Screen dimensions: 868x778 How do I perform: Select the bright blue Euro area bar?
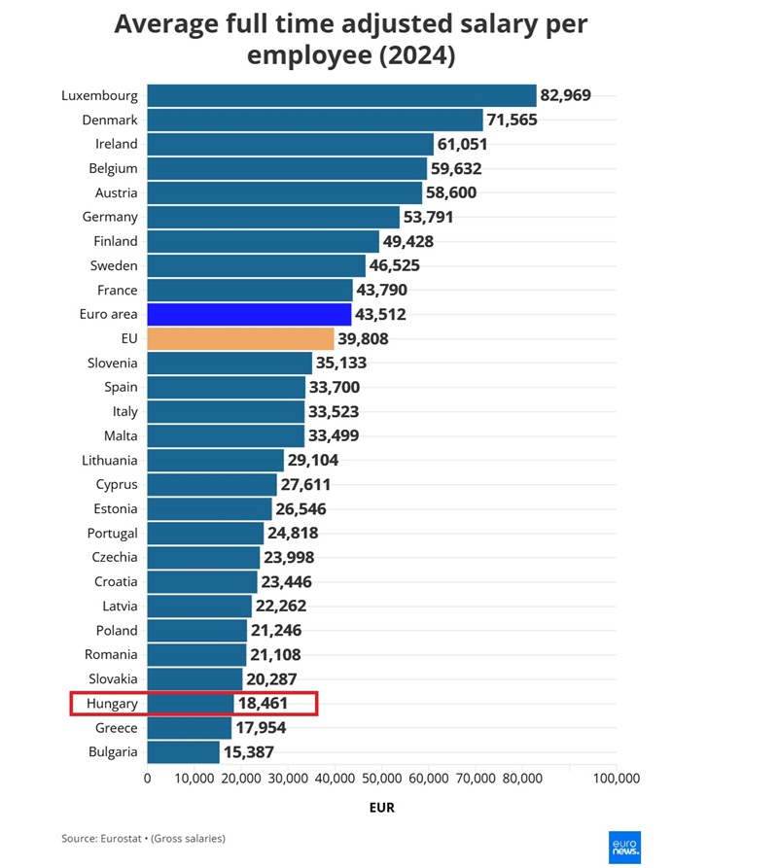[249, 314]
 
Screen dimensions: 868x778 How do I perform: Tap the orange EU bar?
[240, 338]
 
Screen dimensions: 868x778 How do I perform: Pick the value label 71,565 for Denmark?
[513, 120]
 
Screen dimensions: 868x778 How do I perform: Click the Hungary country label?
[112, 703]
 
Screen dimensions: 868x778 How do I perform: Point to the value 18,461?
[263, 703]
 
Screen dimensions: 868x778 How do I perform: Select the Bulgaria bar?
[183, 752]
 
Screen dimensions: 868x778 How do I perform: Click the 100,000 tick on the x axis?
[617, 779]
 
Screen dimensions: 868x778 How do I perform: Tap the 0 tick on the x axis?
[147, 779]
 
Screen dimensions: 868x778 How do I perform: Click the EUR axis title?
[381, 808]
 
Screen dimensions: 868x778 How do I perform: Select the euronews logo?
[623, 847]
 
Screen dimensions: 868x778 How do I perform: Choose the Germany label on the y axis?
[110, 217]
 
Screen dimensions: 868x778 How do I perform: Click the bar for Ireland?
[290, 144]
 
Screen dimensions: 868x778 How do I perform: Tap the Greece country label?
[116, 728]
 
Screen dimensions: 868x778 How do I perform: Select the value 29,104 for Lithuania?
[313, 460]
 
